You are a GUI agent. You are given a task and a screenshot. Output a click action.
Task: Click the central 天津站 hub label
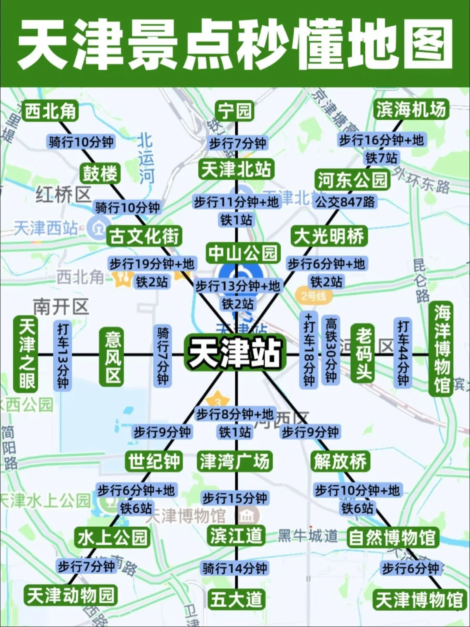[x=235, y=353]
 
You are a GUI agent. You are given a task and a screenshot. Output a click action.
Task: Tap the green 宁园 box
[x=235, y=111]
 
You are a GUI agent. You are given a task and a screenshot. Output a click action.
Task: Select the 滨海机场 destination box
[x=411, y=110]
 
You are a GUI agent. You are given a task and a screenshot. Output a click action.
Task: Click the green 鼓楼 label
[x=101, y=174]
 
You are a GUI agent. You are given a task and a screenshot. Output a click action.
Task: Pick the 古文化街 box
[x=144, y=236]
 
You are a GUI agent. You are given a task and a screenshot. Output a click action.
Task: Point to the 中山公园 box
[x=243, y=253]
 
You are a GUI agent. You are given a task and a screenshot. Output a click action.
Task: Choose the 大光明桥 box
[x=329, y=236]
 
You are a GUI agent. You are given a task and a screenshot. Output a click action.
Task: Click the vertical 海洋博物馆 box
[x=441, y=348]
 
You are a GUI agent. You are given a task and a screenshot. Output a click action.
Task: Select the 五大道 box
[x=236, y=599]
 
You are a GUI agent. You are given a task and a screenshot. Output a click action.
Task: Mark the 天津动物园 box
[x=70, y=595]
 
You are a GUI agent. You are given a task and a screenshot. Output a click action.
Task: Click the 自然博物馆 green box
[x=392, y=537]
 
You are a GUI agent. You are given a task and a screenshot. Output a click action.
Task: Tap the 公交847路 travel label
[x=345, y=202]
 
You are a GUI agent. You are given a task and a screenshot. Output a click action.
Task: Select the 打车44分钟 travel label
[x=403, y=353]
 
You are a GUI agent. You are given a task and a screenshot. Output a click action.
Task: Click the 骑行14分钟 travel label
[x=235, y=568]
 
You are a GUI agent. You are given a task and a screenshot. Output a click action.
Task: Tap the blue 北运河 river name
[x=146, y=158]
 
